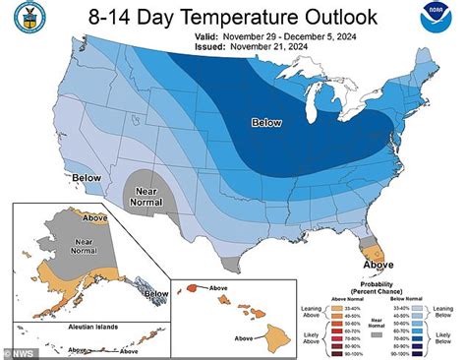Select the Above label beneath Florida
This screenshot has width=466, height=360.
point(378,265)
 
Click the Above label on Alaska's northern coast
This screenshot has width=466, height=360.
point(95,217)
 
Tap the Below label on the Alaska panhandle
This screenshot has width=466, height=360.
point(156,293)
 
